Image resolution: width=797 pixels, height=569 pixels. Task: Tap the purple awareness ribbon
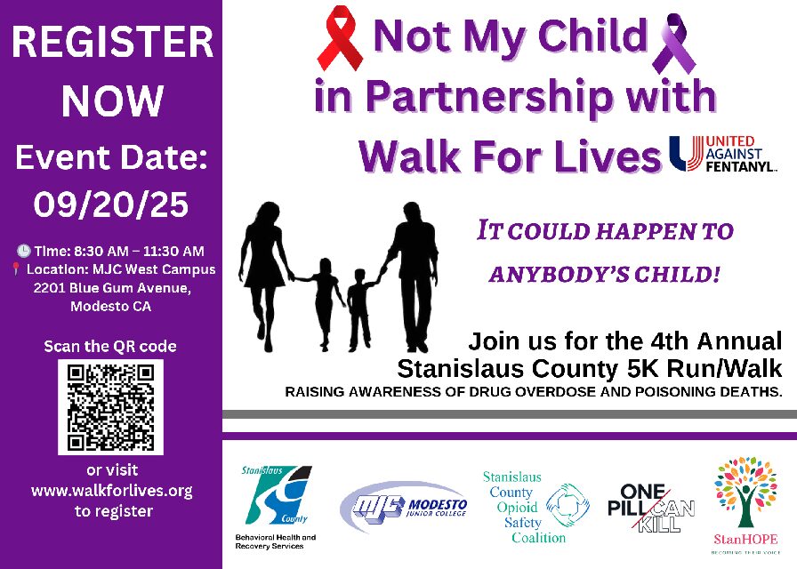point(673,43)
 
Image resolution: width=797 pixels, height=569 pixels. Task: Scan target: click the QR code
point(111,406)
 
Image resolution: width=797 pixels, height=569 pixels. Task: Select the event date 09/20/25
point(111,205)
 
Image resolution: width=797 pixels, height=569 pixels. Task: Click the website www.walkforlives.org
point(111,491)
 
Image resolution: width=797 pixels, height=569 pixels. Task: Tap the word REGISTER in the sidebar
point(111,43)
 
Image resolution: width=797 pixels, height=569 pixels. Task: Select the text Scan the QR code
point(111,346)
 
